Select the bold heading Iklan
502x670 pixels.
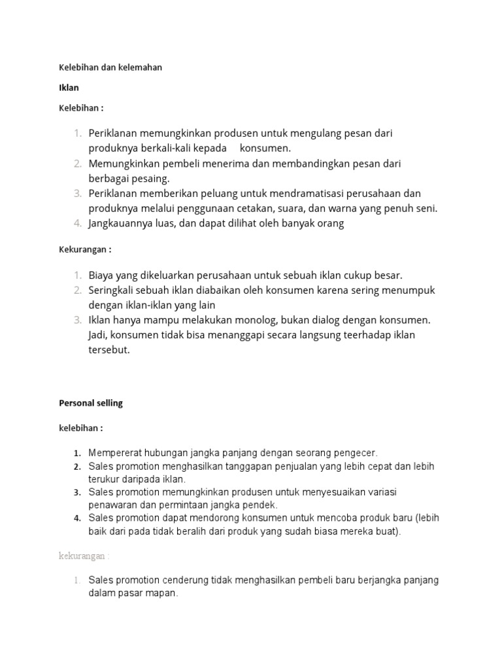coord(68,88)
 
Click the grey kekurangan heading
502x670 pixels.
coord(84,555)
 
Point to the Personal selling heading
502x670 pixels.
coord(91,403)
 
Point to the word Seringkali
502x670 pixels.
coord(114,290)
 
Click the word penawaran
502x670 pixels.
coord(112,505)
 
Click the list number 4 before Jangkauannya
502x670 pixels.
coord(76,224)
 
